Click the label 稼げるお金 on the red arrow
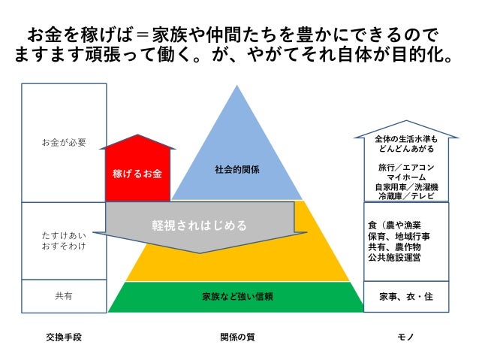coord(137,174)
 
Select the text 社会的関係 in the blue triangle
coord(237,170)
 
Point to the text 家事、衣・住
coord(406,296)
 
